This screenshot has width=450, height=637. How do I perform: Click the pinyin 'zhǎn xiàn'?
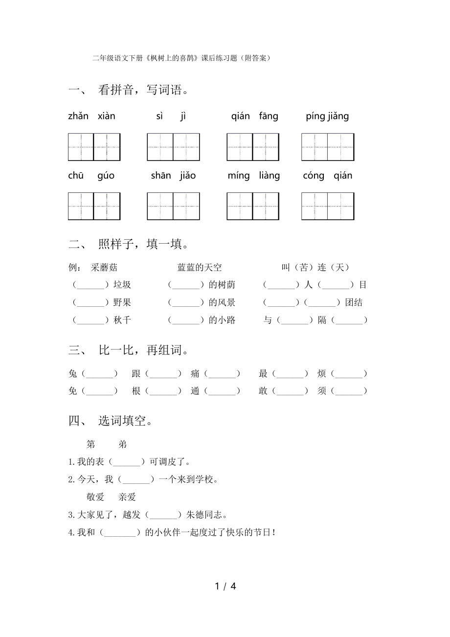tap(91, 116)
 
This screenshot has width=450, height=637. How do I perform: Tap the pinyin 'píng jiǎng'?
tap(327, 116)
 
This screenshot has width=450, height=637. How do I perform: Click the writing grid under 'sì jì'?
tap(173, 147)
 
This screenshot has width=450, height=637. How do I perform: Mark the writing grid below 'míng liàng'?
tap(253, 206)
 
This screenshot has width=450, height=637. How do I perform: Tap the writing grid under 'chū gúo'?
tap(94, 206)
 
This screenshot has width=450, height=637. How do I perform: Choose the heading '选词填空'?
tap(126, 421)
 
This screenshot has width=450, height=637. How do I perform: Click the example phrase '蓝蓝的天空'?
tap(200, 268)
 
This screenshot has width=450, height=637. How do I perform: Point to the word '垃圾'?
tap(122, 285)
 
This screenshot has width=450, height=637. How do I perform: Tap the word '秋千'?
tap(122, 320)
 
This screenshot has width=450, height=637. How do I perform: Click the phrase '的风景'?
tap(222, 303)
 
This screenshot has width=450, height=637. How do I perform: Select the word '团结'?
tap(354, 303)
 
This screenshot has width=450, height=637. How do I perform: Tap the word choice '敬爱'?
tap(96, 497)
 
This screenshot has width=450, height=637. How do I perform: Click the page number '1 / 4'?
tap(225, 586)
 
